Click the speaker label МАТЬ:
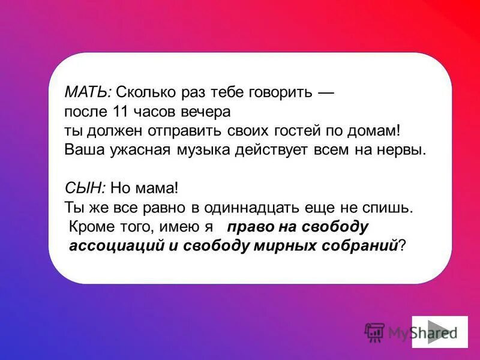pyautogui.click(x=88, y=93)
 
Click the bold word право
pyautogui.click(x=247, y=227)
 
